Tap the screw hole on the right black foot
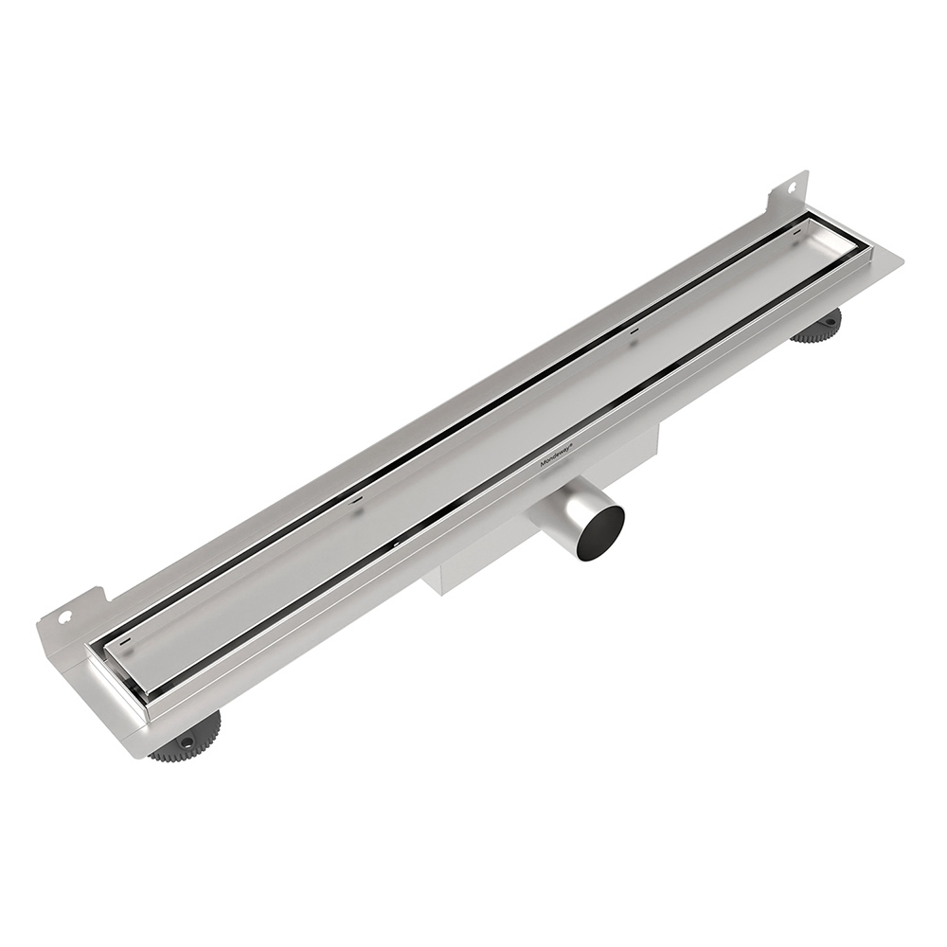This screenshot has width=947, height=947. pos(827,323)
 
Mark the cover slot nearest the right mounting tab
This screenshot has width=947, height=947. pos(634,331)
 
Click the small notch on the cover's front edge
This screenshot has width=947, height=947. pos(393,546)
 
